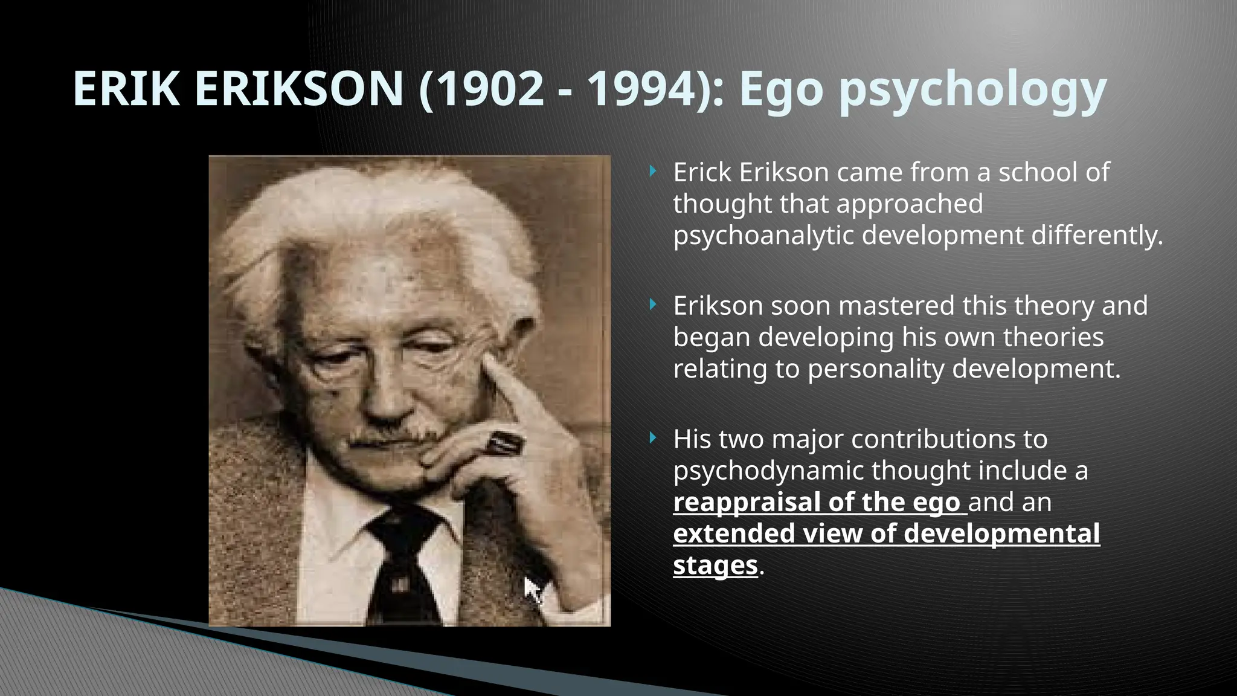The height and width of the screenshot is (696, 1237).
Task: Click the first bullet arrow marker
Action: point(652,172)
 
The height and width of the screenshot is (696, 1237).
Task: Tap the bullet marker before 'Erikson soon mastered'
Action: point(652,305)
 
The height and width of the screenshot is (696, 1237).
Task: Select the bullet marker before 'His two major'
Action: point(652,438)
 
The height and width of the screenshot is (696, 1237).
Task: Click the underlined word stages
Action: point(715,566)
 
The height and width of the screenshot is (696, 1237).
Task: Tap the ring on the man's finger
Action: point(505,443)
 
